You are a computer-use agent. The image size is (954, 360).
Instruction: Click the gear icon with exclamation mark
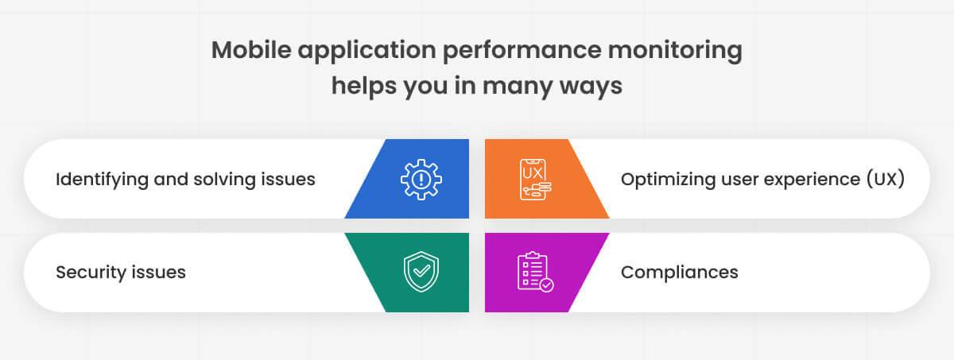421,179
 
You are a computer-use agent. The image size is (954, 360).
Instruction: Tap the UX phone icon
535,179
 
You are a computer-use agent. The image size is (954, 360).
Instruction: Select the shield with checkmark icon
421,272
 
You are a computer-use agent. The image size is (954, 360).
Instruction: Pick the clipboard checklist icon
535,272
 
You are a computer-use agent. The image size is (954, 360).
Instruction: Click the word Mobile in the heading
251,50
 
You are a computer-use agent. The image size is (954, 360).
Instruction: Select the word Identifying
102,180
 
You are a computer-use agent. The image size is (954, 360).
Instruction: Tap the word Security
91,273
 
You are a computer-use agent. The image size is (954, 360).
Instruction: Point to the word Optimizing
668,180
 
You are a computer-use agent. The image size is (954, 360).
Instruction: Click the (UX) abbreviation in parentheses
886,180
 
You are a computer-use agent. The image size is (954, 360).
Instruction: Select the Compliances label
679,273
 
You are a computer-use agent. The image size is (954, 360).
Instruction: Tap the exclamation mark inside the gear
421,179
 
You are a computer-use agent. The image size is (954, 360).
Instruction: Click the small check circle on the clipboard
546,285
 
